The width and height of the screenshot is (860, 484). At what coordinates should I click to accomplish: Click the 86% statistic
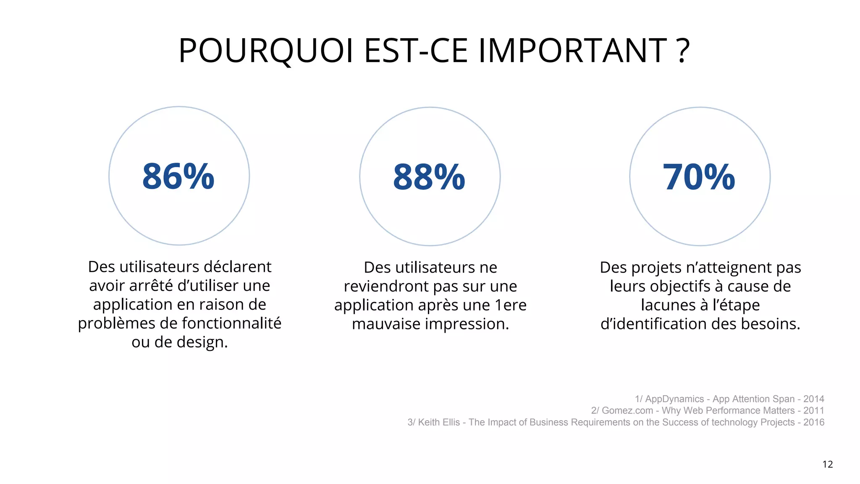point(178,176)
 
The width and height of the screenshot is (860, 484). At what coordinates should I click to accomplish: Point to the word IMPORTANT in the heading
point(573,51)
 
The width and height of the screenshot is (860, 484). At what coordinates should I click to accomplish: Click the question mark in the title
point(683,51)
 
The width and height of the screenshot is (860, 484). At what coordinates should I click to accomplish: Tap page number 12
point(828,464)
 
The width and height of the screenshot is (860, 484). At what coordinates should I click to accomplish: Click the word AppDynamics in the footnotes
point(674,399)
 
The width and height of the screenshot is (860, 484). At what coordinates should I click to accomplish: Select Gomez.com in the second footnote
point(627,410)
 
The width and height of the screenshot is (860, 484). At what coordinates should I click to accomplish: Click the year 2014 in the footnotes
point(814,399)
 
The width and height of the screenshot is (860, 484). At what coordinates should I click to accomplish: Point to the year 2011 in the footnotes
point(814,410)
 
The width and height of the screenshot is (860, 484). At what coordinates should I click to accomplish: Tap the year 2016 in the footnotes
point(814,422)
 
